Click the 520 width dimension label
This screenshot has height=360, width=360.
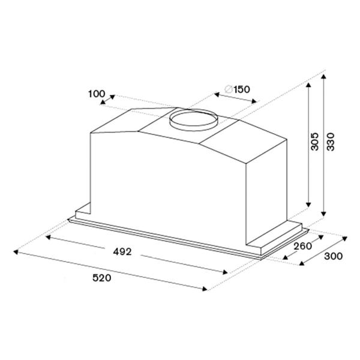102,278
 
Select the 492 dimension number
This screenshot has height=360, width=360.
122,252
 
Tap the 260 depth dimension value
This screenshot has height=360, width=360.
303,247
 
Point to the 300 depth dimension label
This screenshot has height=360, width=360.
333,256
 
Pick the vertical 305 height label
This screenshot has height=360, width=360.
314,142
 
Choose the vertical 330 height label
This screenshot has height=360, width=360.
331,142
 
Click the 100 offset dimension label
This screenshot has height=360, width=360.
97,94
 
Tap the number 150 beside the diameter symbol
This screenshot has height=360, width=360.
242,89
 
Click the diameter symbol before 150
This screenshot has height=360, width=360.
229,89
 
